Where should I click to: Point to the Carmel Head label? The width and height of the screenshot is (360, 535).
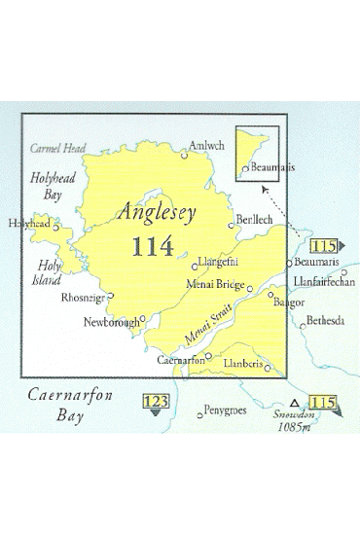click(57, 149)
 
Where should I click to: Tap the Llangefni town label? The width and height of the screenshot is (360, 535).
click(219, 262)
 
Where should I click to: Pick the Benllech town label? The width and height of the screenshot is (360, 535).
click(256, 222)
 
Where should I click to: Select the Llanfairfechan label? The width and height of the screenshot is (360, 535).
click(322, 281)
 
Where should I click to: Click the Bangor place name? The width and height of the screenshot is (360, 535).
click(289, 303)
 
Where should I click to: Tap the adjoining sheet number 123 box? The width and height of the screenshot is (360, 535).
click(155, 401)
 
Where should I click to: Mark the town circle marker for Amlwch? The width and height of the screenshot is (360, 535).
click(185, 154)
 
